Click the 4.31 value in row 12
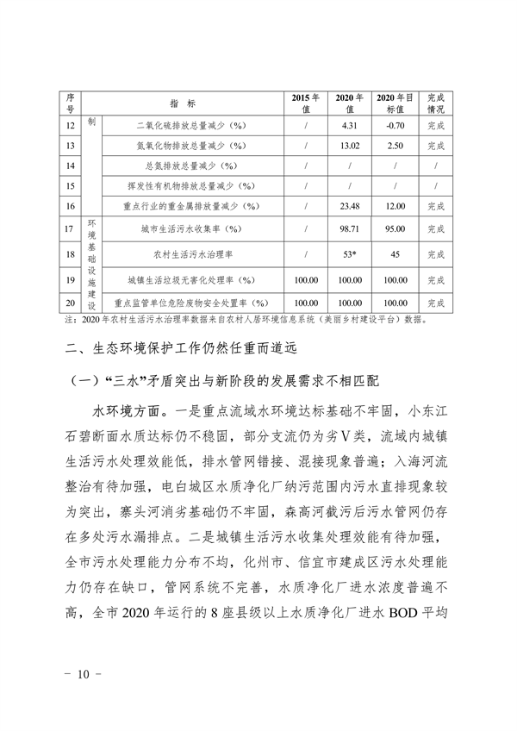coord(350,125)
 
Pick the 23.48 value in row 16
coord(350,206)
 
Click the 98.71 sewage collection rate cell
coord(350,229)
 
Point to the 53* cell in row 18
coord(350,254)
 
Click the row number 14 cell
coord(70,165)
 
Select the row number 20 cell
coord(70,303)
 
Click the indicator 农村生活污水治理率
coord(186,254)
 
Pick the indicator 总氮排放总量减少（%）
coord(186,165)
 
